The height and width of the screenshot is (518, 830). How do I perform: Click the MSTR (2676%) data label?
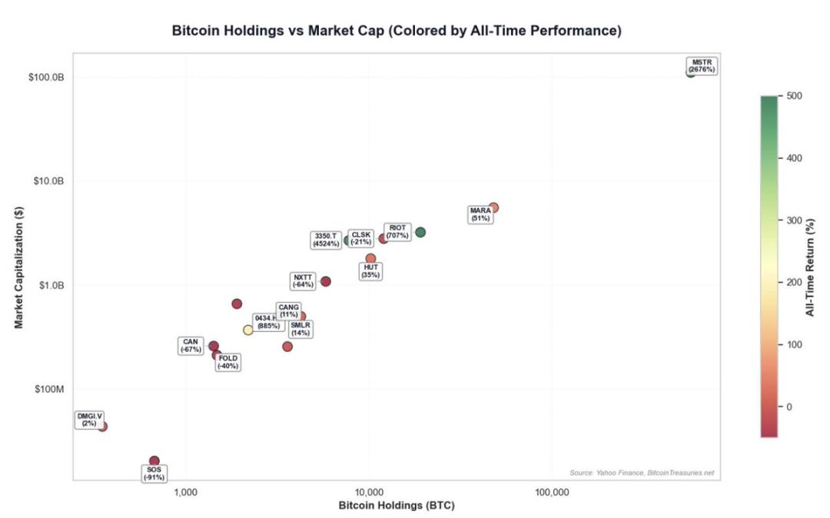[x=702, y=66]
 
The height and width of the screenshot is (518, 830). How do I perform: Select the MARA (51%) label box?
[x=480, y=214]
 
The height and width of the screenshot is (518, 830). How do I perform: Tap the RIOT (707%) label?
[x=397, y=231]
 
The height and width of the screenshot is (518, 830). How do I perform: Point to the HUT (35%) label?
[x=370, y=271]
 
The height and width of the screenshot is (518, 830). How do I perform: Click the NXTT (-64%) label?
[x=304, y=281]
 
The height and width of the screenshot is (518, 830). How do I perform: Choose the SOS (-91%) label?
[x=154, y=473]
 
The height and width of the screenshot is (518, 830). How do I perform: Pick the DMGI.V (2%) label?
[x=89, y=420]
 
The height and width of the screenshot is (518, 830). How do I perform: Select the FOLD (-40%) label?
[x=228, y=362]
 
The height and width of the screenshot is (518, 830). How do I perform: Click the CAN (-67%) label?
[x=191, y=346]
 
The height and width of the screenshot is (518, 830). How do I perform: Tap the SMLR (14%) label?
[x=300, y=329]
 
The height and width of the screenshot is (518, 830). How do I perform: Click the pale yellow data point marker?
[x=248, y=330]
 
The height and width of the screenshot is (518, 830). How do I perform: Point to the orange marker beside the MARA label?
[x=493, y=208]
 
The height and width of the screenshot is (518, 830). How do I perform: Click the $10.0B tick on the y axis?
[x=48, y=181]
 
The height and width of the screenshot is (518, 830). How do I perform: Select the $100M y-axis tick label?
[x=50, y=389]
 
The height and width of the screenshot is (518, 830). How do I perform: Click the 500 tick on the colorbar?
[x=795, y=96]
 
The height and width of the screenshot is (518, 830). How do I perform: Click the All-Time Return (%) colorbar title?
[x=810, y=266]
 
